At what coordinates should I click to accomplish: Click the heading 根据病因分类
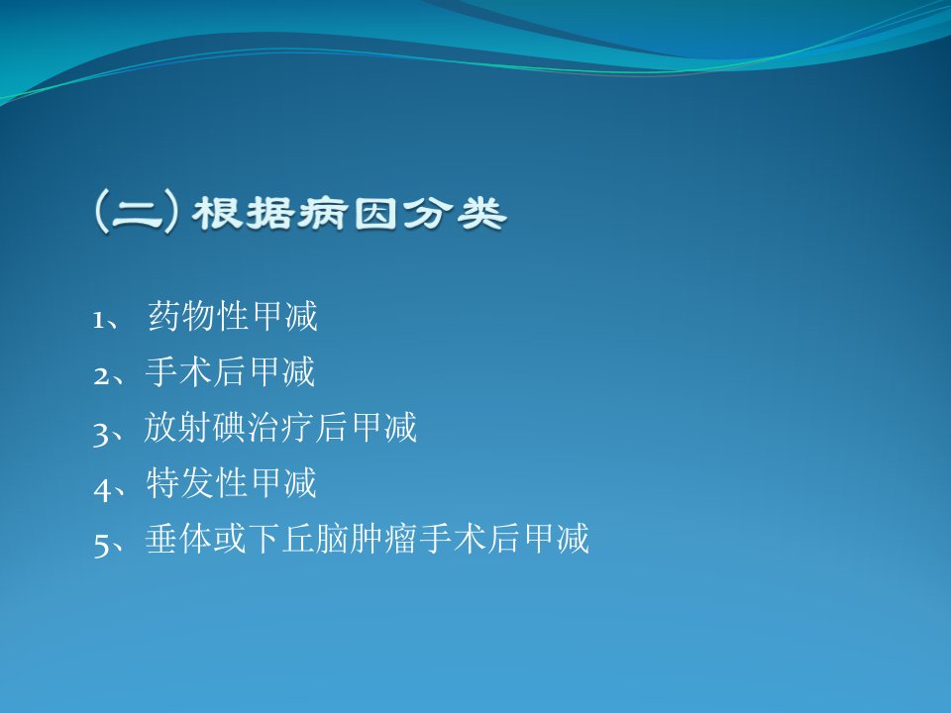tap(350, 214)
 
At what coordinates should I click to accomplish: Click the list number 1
tap(98, 320)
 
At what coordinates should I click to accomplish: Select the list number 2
tap(101, 376)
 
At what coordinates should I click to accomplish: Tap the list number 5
tap(101, 545)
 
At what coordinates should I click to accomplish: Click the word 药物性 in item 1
tap(199, 316)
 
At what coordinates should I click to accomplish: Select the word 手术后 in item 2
tap(196, 371)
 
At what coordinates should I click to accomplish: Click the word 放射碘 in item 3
tap(195, 428)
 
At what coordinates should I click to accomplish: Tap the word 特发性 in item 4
tap(196, 483)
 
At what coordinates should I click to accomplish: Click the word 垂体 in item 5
tap(179, 539)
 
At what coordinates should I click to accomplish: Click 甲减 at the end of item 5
tap(556, 539)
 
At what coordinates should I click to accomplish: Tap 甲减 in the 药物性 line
tap(284, 316)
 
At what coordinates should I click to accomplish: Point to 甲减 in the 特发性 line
tap(282, 483)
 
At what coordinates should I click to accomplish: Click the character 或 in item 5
tap(230, 539)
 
